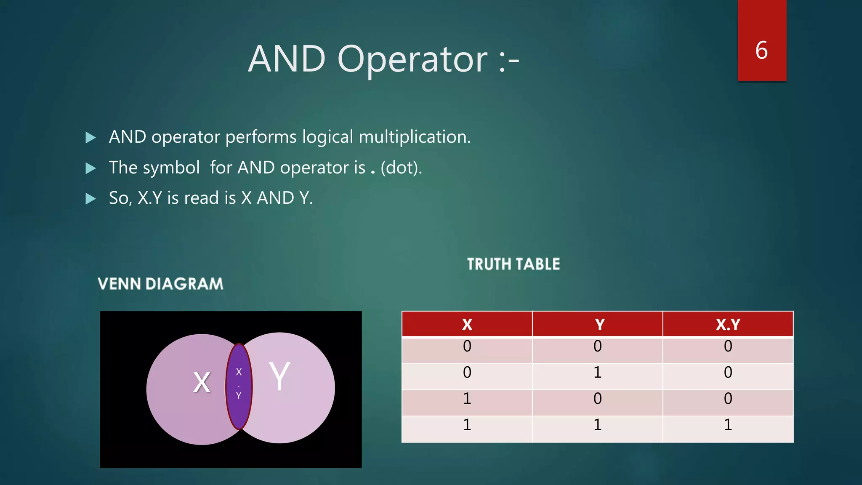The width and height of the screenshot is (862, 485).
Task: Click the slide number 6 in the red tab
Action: click(x=761, y=51)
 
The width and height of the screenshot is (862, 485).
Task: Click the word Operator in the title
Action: click(x=412, y=59)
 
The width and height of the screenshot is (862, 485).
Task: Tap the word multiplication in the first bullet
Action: click(x=414, y=137)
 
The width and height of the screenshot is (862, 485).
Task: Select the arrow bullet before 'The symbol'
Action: click(x=90, y=168)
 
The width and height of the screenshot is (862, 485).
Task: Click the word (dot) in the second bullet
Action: click(x=400, y=168)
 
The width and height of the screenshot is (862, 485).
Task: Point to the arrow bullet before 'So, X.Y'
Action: click(x=90, y=199)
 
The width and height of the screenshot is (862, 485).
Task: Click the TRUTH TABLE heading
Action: click(x=513, y=264)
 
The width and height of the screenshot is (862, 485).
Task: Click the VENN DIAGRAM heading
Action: click(x=160, y=284)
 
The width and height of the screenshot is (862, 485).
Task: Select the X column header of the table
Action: click(x=467, y=325)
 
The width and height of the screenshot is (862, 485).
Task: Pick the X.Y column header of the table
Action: click(x=728, y=325)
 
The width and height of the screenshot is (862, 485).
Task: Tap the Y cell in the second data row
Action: click(x=597, y=373)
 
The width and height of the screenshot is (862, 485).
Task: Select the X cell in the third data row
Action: click(x=467, y=399)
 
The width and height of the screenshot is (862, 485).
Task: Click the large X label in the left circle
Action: click(x=202, y=382)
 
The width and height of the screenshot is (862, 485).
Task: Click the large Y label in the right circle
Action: click(x=279, y=376)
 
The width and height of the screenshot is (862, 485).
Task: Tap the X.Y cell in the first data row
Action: click(x=728, y=346)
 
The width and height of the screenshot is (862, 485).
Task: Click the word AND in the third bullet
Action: click(x=275, y=198)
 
